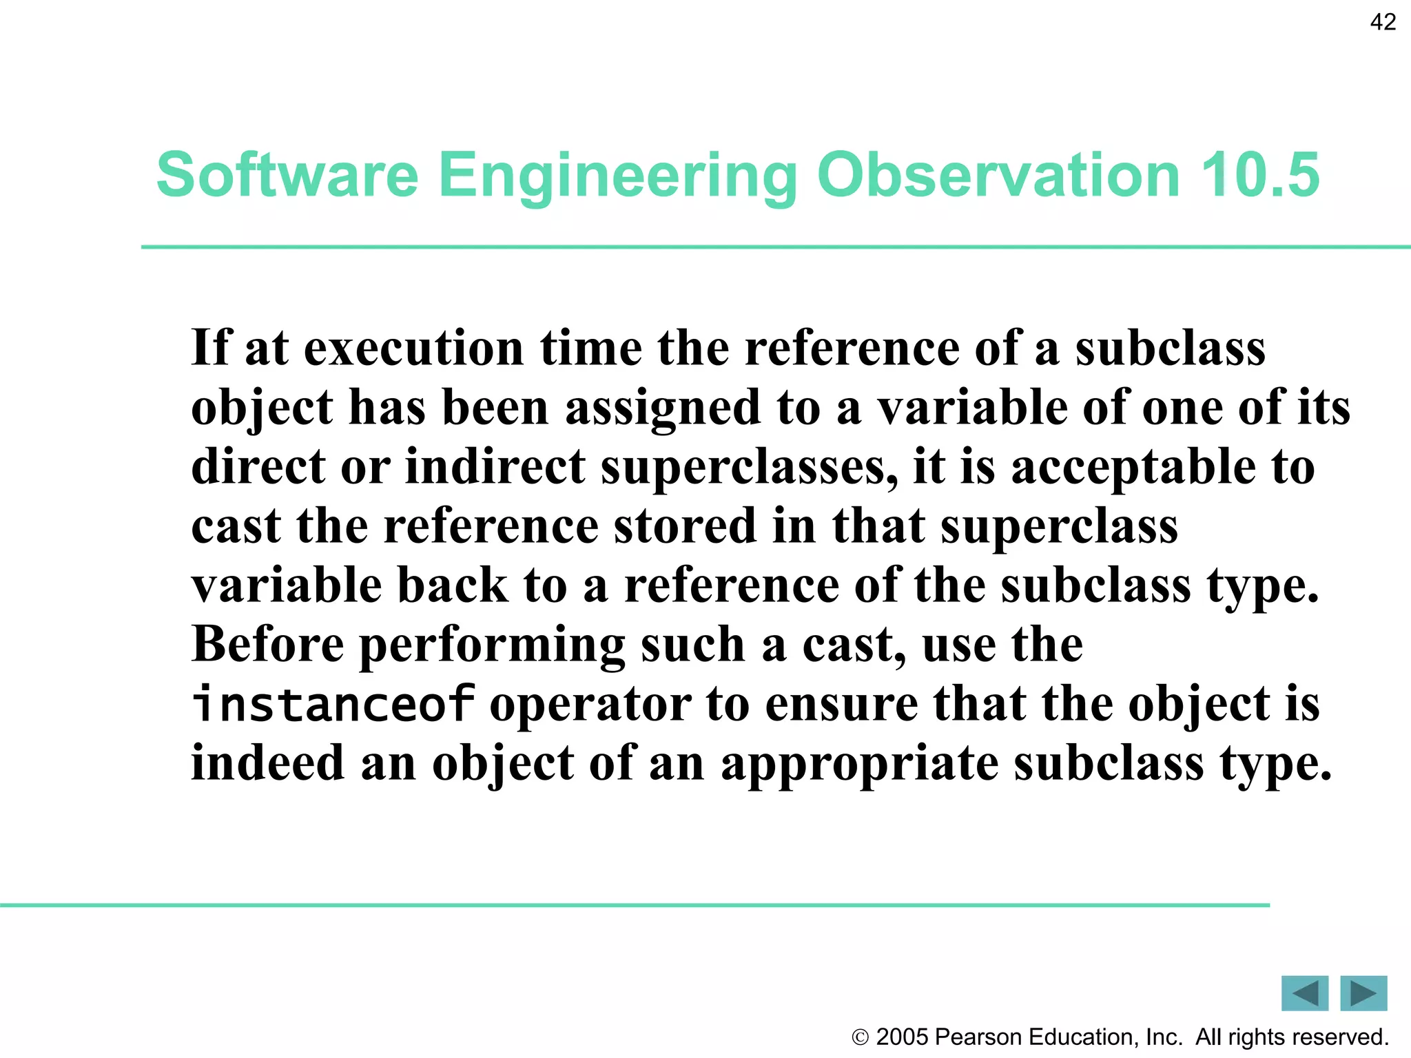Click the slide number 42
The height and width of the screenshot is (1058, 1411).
coord(1382,23)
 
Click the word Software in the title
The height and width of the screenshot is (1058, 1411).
coord(287,175)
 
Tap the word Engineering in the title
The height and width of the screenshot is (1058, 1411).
coord(617,176)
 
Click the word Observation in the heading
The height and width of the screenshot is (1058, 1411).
coord(999,175)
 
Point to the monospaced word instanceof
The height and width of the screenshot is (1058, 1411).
coord(333,704)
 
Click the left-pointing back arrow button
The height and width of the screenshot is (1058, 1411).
coord(1304,993)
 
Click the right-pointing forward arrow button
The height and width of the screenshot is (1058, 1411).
coord(1363,993)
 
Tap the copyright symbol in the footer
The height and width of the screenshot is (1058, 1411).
coord(860,1037)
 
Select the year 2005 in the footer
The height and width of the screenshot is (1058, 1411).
coord(903,1037)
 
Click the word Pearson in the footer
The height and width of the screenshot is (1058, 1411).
coord(978,1037)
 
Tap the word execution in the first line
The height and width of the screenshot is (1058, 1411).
coord(413,348)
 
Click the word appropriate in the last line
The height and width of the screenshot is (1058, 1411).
coord(859,765)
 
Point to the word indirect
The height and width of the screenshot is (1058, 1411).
coord(495,467)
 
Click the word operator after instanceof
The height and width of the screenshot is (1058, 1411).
coord(590,705)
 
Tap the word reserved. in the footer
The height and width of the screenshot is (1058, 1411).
coord(1346,1037)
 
